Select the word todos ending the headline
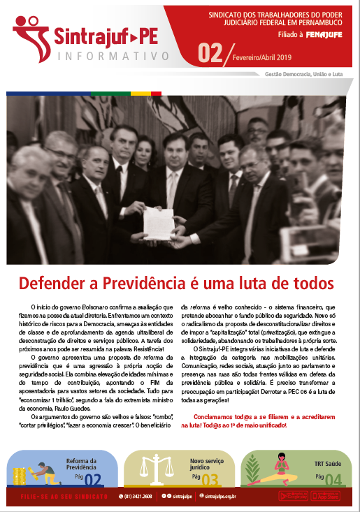(309, 284)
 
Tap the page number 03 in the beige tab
(210, 479)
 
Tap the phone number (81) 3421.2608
(140, 496)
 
